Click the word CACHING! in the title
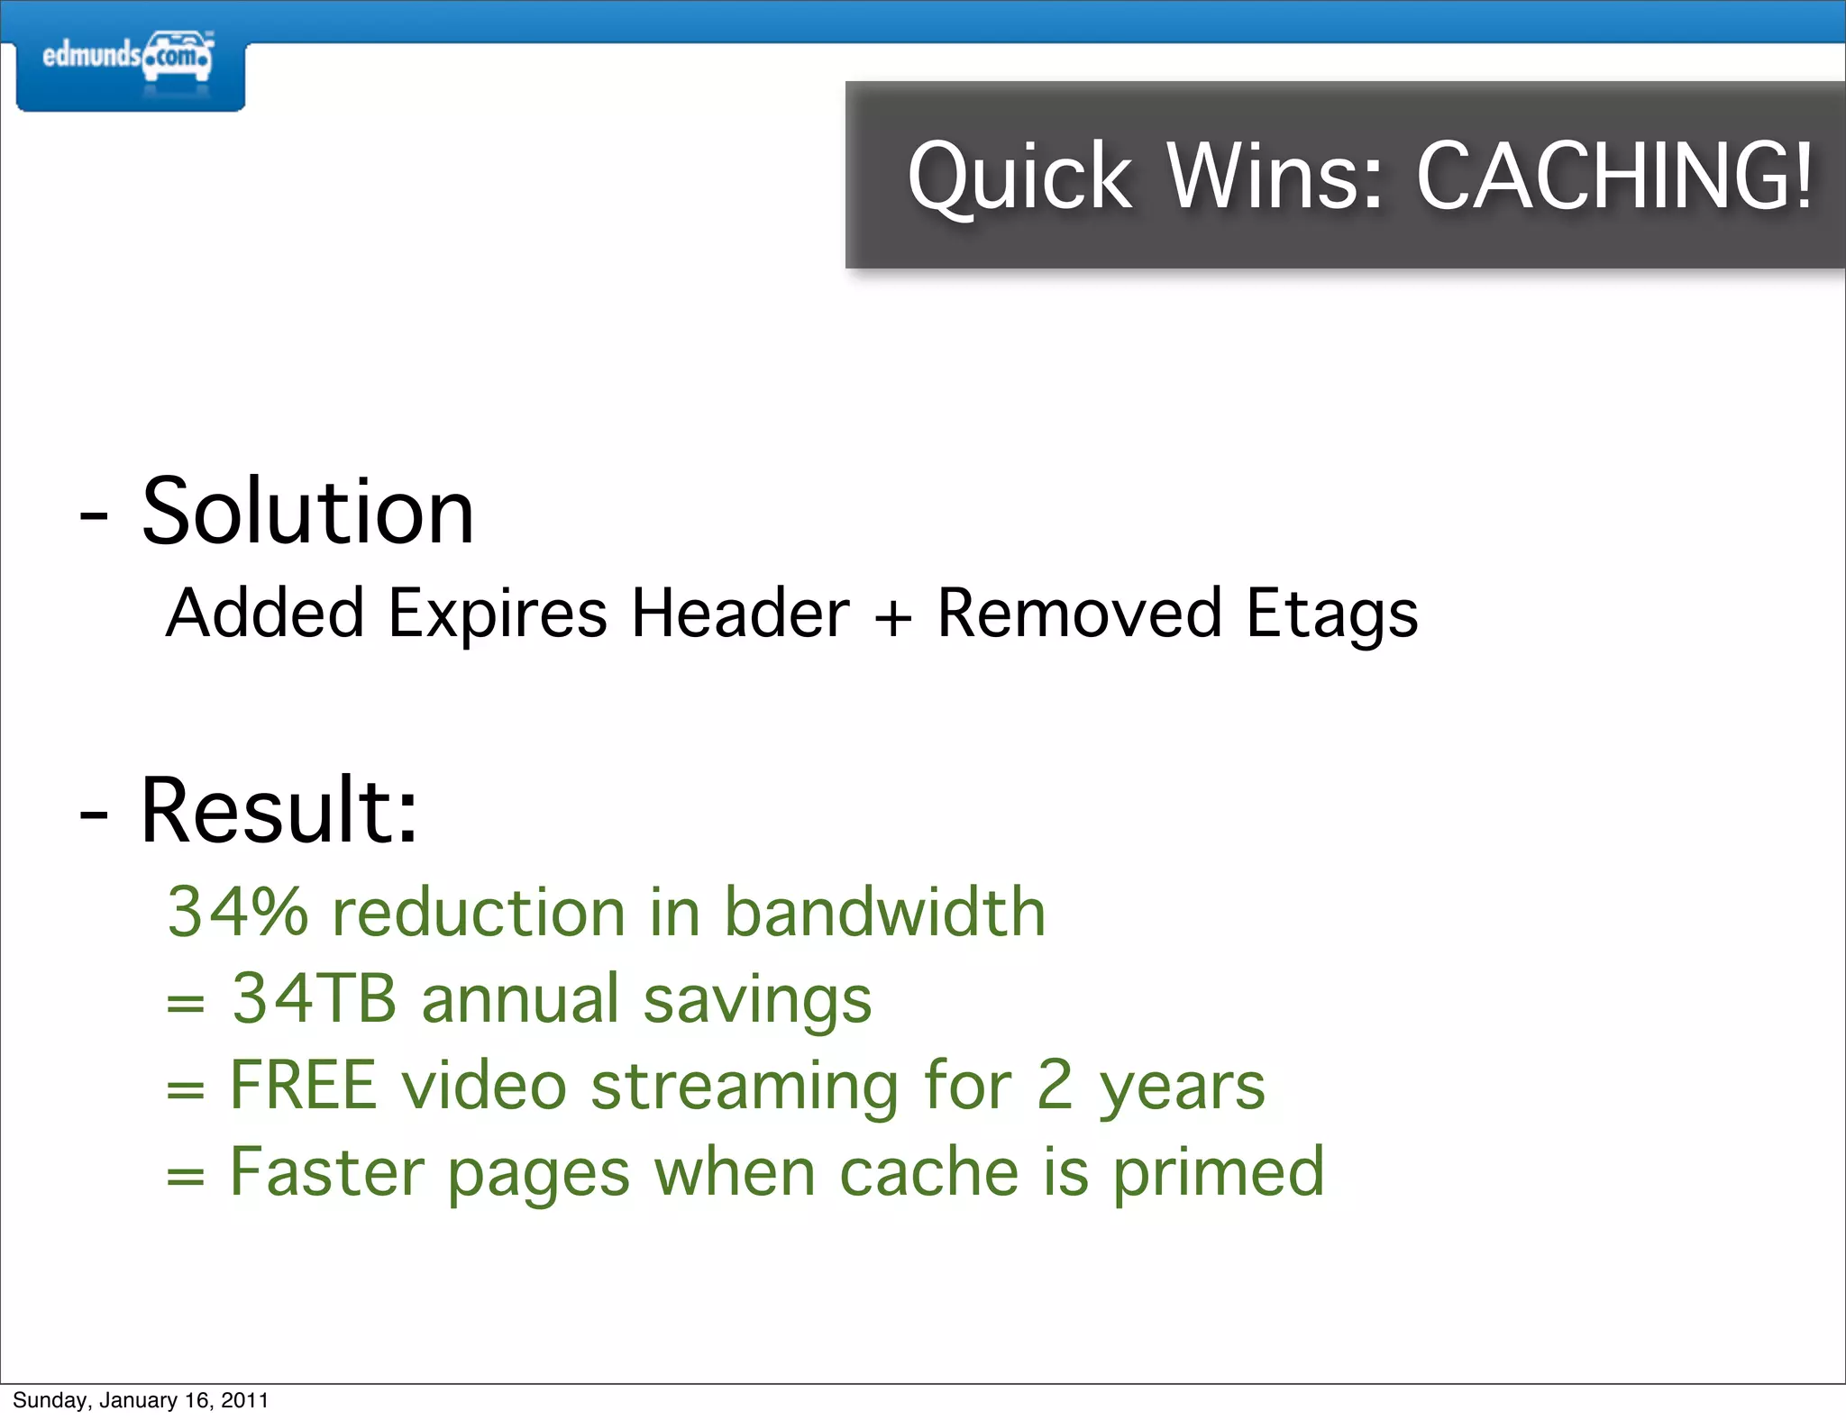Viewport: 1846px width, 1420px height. pyautogui.click(x=1613, y=177)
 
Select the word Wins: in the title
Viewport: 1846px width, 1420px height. pyautogui.click(x=1275, y=177)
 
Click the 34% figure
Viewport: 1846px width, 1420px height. pyautogui.click(x=238, y=912)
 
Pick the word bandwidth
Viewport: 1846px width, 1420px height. pyautogui.click(x=884, y=912)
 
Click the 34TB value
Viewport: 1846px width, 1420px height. pyautogui.click(x=314, y=998)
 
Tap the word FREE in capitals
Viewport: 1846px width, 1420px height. pyautogui.click(x=303, y=1085)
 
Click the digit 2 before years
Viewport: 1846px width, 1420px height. pyautogui.click(x=1054, y=1085)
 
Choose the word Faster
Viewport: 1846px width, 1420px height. pyautogui.click(x=327, y=1171)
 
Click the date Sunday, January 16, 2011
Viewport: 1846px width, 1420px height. pyautogui.click(x=141, y=1400)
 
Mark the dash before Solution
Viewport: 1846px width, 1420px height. pyautogui.click(x=94, y=517)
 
